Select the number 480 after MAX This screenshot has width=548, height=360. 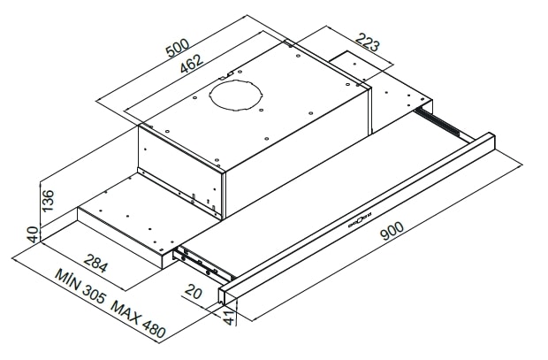pyautogui.click(x=152, y=329)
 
